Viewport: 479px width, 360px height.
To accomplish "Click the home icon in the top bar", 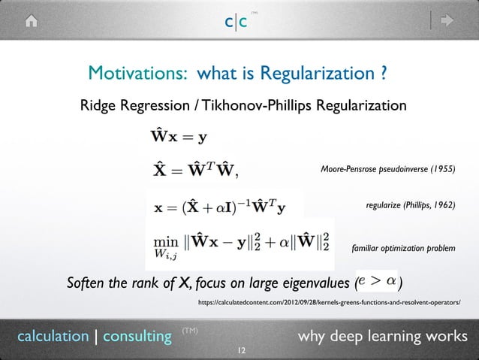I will (32, 22).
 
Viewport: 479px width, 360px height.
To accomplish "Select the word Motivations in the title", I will (137, 74).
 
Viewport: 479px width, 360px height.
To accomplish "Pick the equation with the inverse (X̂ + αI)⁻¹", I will (224, 204).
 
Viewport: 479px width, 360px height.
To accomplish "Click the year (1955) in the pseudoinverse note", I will (441, 170).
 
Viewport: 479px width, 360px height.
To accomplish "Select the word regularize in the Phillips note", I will (383, 204).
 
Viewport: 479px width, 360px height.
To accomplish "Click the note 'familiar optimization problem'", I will (403, 248).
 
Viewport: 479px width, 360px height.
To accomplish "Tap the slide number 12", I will (241, 351).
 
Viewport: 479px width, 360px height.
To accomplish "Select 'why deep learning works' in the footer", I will (382, 335).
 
